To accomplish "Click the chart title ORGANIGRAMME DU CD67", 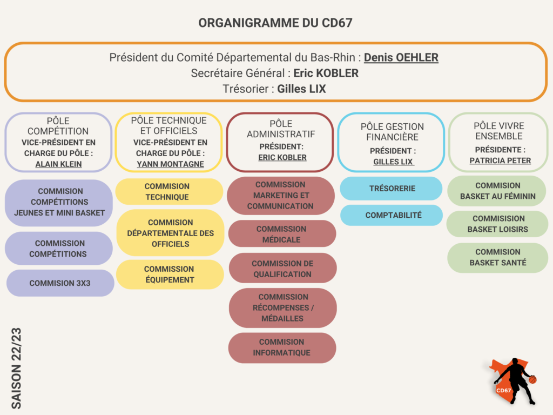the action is pos(275,23).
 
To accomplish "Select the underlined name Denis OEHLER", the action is pos(401,57).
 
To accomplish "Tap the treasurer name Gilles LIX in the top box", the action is pos(301,89).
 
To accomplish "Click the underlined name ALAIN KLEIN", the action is pos(58,164).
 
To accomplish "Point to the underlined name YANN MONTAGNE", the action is pos(170,164).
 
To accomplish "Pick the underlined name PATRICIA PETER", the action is pos(500,160).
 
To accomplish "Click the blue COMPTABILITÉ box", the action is pos(392,215).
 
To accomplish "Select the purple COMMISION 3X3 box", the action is pos(60,283).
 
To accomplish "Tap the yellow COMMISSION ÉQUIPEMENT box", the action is pos(170,275).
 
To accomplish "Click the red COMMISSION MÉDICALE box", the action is pos(282,234).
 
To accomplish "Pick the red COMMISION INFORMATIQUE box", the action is pos(282,347).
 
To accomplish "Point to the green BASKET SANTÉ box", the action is pos(497,258).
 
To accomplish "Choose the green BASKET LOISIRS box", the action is pos(497,224).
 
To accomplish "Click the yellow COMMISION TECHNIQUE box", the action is pos(169,192).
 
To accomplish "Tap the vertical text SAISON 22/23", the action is pos(16,369).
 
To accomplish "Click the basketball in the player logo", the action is pos(532,380).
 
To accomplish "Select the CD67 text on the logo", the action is pos(503,390).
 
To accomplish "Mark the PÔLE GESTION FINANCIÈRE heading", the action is pos(392,132).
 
